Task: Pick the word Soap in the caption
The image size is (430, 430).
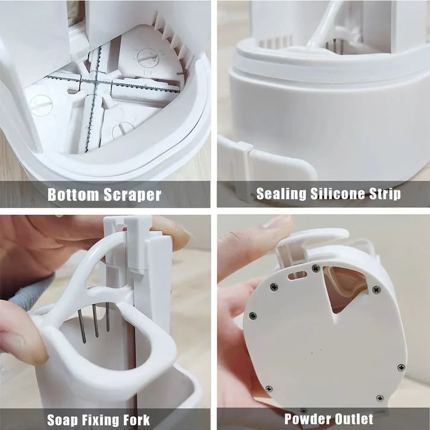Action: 65,419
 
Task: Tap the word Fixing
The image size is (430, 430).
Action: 106,419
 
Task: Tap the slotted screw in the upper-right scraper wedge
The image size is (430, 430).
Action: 147,58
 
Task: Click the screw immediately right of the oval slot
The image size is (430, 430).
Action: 315,268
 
